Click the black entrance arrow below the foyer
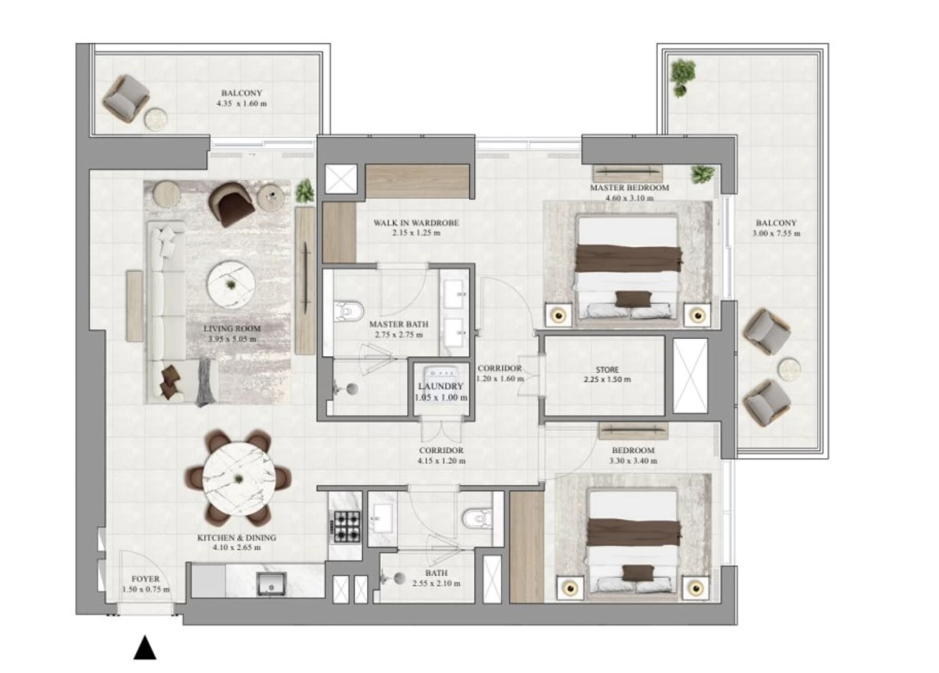pyautogui.click(x=145, y=648)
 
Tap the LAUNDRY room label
pyautogui.click(x=440, y=386)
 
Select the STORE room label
pyautogui.click(x=607, y=369)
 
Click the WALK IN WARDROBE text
pyautogui.click(x=416, y=223)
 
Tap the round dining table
pyautogui.click(x=238, y=478)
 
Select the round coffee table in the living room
pyautogui.click(x=231, y=285)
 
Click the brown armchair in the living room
pyautogui.click(x=231, y=203)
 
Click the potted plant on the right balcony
pyautogui.click(x=682, y=76)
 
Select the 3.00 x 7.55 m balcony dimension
pyautogui.click(x=776, y=234)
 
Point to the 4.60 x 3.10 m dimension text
pyautogui.click(x=629, y=198)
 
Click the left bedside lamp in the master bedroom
pyautogui.click(x=558, y=315)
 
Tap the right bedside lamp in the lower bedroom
pyautogui.click(x=695, y=588)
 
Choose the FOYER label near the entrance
pyautogui.click(x=145, y=579)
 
